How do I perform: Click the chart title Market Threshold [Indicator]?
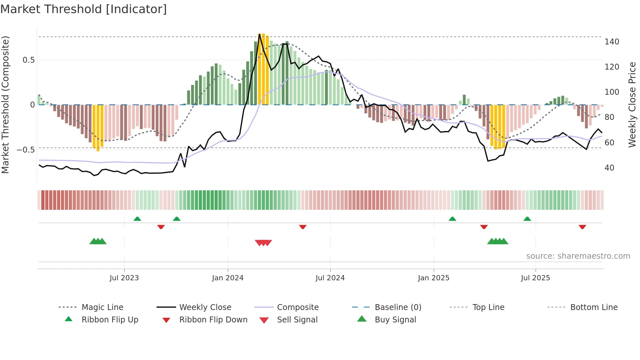[x=84, y=9]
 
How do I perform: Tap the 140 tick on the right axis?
[x=612, y=42]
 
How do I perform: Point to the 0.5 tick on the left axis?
[x=28, y=60]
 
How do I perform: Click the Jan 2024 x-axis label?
[x=228, y=278]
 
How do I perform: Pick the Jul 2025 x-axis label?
[x=535, y=278]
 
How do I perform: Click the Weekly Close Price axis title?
[x=632, y=105]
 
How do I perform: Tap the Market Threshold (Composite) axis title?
[x=5, y=105]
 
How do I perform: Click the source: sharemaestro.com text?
[x=578, y=256]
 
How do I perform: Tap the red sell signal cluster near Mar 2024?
[x=263, y=243]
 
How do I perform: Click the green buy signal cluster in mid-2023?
[x=98, y=241]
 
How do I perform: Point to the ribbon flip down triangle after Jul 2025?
[x=582, y=227]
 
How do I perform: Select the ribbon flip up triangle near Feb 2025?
[x=452, y=219]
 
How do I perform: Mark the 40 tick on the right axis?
[x=609, y=168]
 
